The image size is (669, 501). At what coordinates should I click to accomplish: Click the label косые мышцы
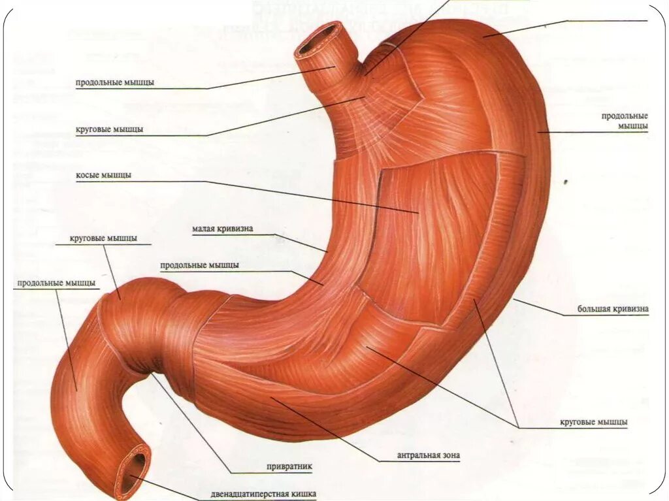click(x=104, y=176)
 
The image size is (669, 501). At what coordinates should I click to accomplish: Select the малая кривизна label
click(x=222, y=229)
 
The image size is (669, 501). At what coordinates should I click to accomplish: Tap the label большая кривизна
click(x=612, y=308)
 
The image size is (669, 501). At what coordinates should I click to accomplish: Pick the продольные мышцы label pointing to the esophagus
click(x=115, y=82)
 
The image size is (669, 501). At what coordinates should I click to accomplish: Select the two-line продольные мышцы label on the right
click(x=625, y=120)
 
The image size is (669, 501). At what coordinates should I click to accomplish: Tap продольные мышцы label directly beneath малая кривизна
click(x=199, y=265)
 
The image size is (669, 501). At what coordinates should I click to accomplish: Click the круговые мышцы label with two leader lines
click(x=593, y=423)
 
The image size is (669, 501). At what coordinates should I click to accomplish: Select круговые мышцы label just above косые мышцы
click(x=109, y=129)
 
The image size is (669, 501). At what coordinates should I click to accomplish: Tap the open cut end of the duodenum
click(x=133, y=468)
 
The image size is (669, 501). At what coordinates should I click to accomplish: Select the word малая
click(x=205, y=229)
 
